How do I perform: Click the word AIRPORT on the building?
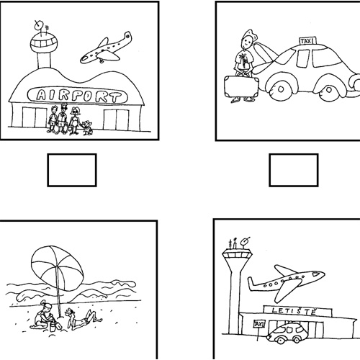tap(78, 96)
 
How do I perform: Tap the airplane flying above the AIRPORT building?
tap(106, 49)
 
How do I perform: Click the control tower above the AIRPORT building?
tap(44, 45)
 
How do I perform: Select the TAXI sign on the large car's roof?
tap(307, 41)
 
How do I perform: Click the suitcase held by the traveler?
tap(241, 86)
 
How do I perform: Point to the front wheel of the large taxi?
tap(329, 90)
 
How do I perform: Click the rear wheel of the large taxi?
tap(280, 89)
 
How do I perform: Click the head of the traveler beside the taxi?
tap(248, 40)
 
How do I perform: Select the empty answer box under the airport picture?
tap(72, 170)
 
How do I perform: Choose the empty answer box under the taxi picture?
tap(294, 170)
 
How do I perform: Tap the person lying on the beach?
tap(83, 319)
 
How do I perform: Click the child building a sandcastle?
tap(43, 315)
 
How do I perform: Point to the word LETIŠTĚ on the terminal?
tap(294, 311)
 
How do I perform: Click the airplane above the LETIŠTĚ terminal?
tap(286, 282)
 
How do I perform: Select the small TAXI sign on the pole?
tap(259, 324)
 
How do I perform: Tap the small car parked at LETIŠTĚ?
tap(287, 333)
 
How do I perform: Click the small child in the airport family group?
tap(87, 127)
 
